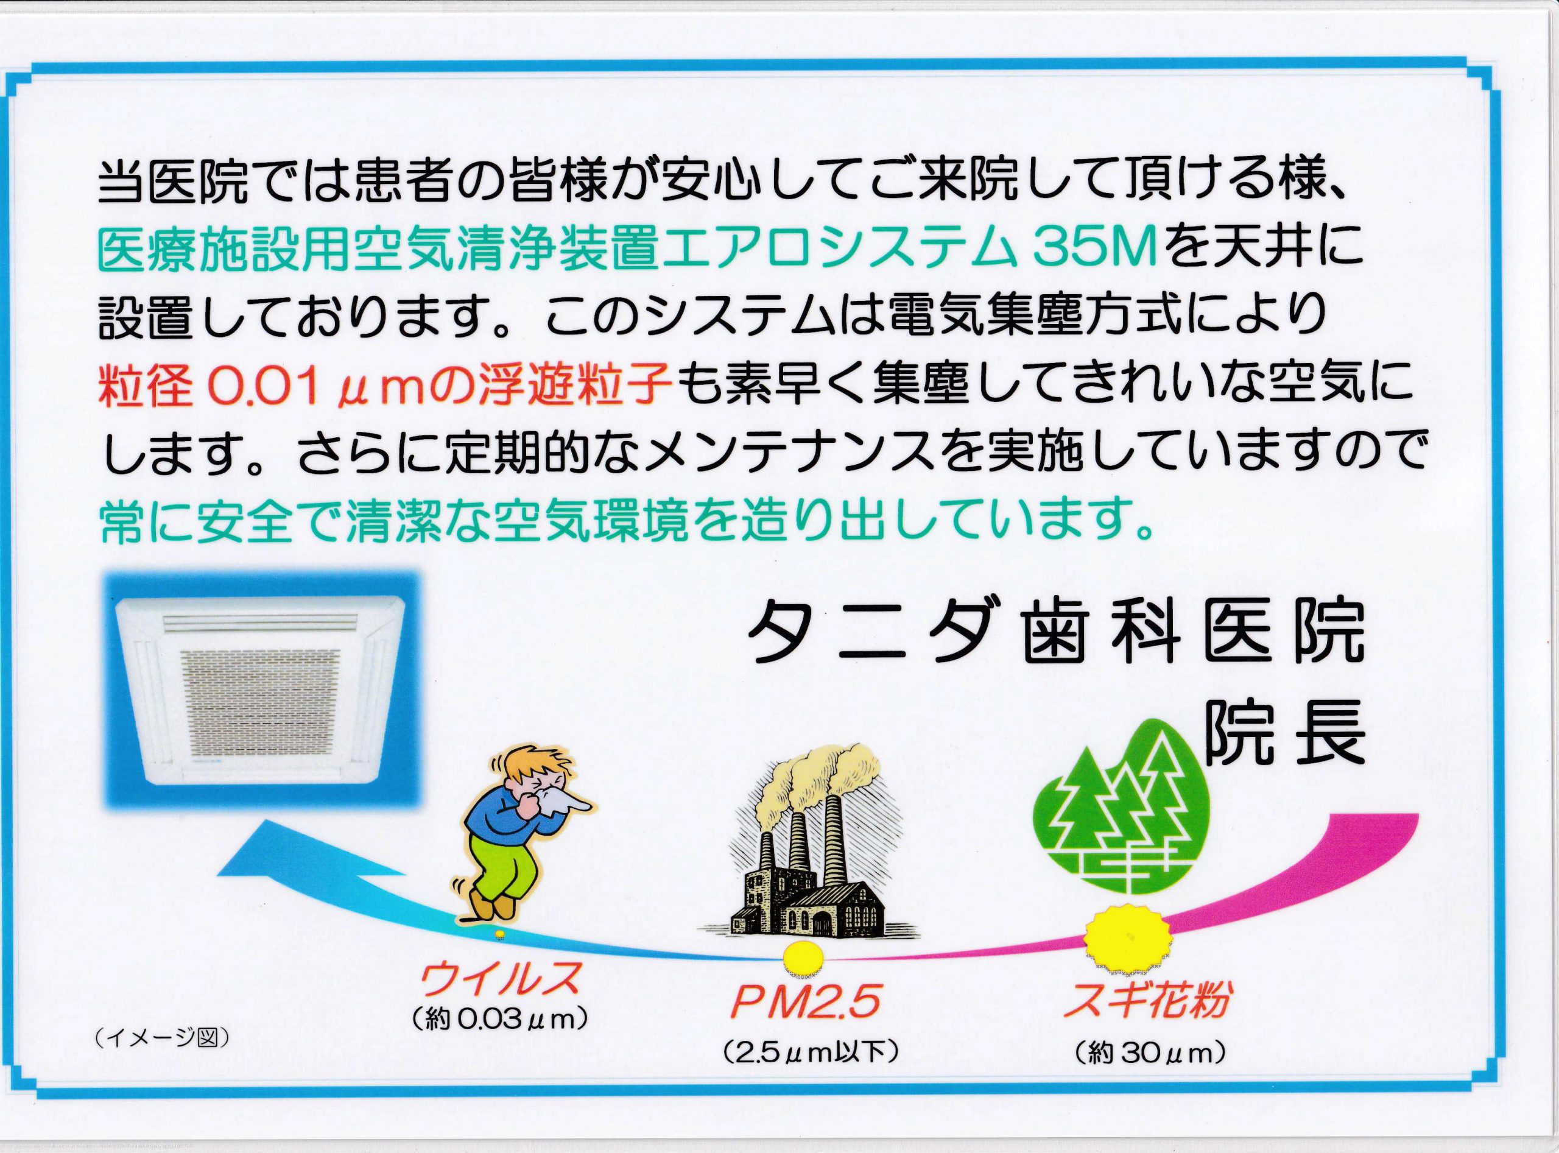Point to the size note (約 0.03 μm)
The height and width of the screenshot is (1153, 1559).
point(498,1020)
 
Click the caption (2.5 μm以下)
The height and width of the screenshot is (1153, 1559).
point(809,1071)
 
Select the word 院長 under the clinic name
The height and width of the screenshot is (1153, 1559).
point(1283,733)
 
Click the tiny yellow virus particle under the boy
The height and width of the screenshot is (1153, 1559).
point(498,934)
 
